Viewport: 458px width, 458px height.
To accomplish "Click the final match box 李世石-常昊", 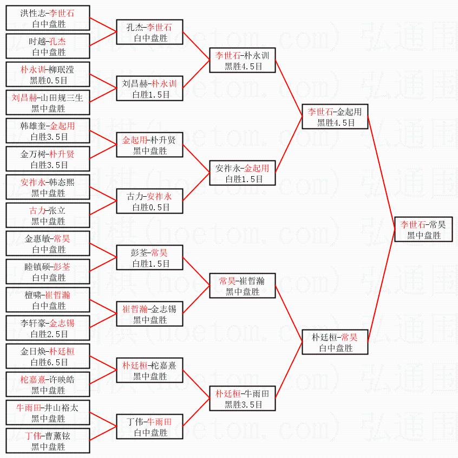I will tap(423, 229).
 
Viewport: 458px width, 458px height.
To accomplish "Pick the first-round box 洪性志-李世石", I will tap(48, 18).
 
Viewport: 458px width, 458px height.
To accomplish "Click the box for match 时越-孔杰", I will tap(48, 47).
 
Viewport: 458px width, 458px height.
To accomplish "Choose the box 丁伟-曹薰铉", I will tap(48, 441).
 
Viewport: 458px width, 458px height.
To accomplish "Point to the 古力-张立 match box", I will tap(48, 216).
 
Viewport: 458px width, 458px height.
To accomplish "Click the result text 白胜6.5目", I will tap(49, 363).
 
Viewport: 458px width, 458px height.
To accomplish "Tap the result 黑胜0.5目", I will tap(49, 80).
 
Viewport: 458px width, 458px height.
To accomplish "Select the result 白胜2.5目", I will tap(49, 334).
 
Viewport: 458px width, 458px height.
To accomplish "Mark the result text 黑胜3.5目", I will tap(244, 405).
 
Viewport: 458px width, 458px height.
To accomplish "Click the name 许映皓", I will tap(61, 379).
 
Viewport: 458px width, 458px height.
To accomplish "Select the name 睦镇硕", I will tap(36, 267).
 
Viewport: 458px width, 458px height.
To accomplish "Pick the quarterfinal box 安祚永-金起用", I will tap(243, 173).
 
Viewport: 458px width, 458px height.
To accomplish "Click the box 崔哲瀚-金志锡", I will tap(149, 314).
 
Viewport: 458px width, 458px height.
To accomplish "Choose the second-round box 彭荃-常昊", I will tap(149, 258).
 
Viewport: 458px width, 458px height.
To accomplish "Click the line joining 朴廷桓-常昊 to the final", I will tap(382, 287).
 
